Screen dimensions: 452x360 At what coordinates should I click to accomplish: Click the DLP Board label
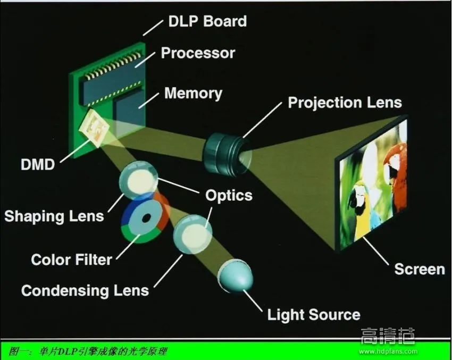coord(207,22)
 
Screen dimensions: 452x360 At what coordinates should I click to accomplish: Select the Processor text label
coord(198,53)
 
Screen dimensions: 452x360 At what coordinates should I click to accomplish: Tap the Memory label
coord(193,94)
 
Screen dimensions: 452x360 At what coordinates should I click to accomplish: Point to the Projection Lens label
coord(345,102)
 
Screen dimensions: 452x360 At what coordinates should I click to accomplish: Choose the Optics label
coord(229,195)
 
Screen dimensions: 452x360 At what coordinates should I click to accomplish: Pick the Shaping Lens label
coord(54,216)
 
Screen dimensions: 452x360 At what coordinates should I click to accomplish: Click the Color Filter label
coord(72,259)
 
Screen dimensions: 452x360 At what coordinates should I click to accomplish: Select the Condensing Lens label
coord(85,290)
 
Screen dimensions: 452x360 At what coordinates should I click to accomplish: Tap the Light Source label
coord(313,314)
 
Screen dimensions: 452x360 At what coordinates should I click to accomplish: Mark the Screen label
coord(419,269)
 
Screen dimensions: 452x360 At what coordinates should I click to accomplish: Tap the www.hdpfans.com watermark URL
coord(388,351)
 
